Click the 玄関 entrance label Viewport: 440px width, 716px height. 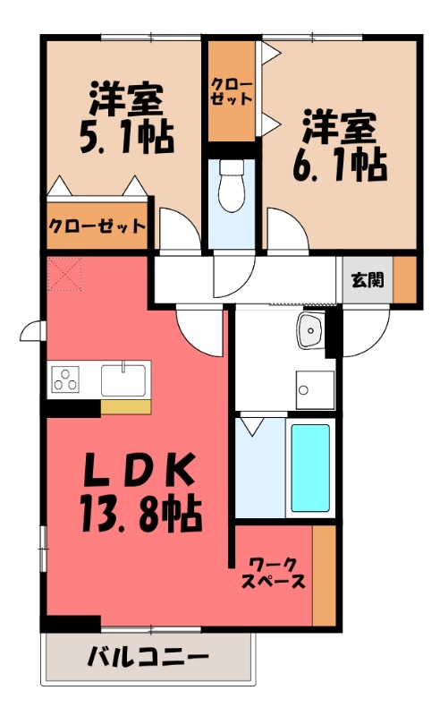[367, 279]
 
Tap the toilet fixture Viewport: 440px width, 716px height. [232, 185]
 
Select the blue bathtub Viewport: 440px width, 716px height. [310, 466]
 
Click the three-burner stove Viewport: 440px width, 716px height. [66, 380]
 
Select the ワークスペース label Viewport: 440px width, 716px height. [274, 573]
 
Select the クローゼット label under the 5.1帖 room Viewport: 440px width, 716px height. [97, 226]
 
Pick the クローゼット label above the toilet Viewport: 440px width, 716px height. [232, 92]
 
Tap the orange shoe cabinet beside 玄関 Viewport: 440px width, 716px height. [406, 280]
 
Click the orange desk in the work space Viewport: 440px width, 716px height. [324, 575]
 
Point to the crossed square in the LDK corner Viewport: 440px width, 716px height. [64, 274]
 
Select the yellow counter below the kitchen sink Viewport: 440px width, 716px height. [125, 407]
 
